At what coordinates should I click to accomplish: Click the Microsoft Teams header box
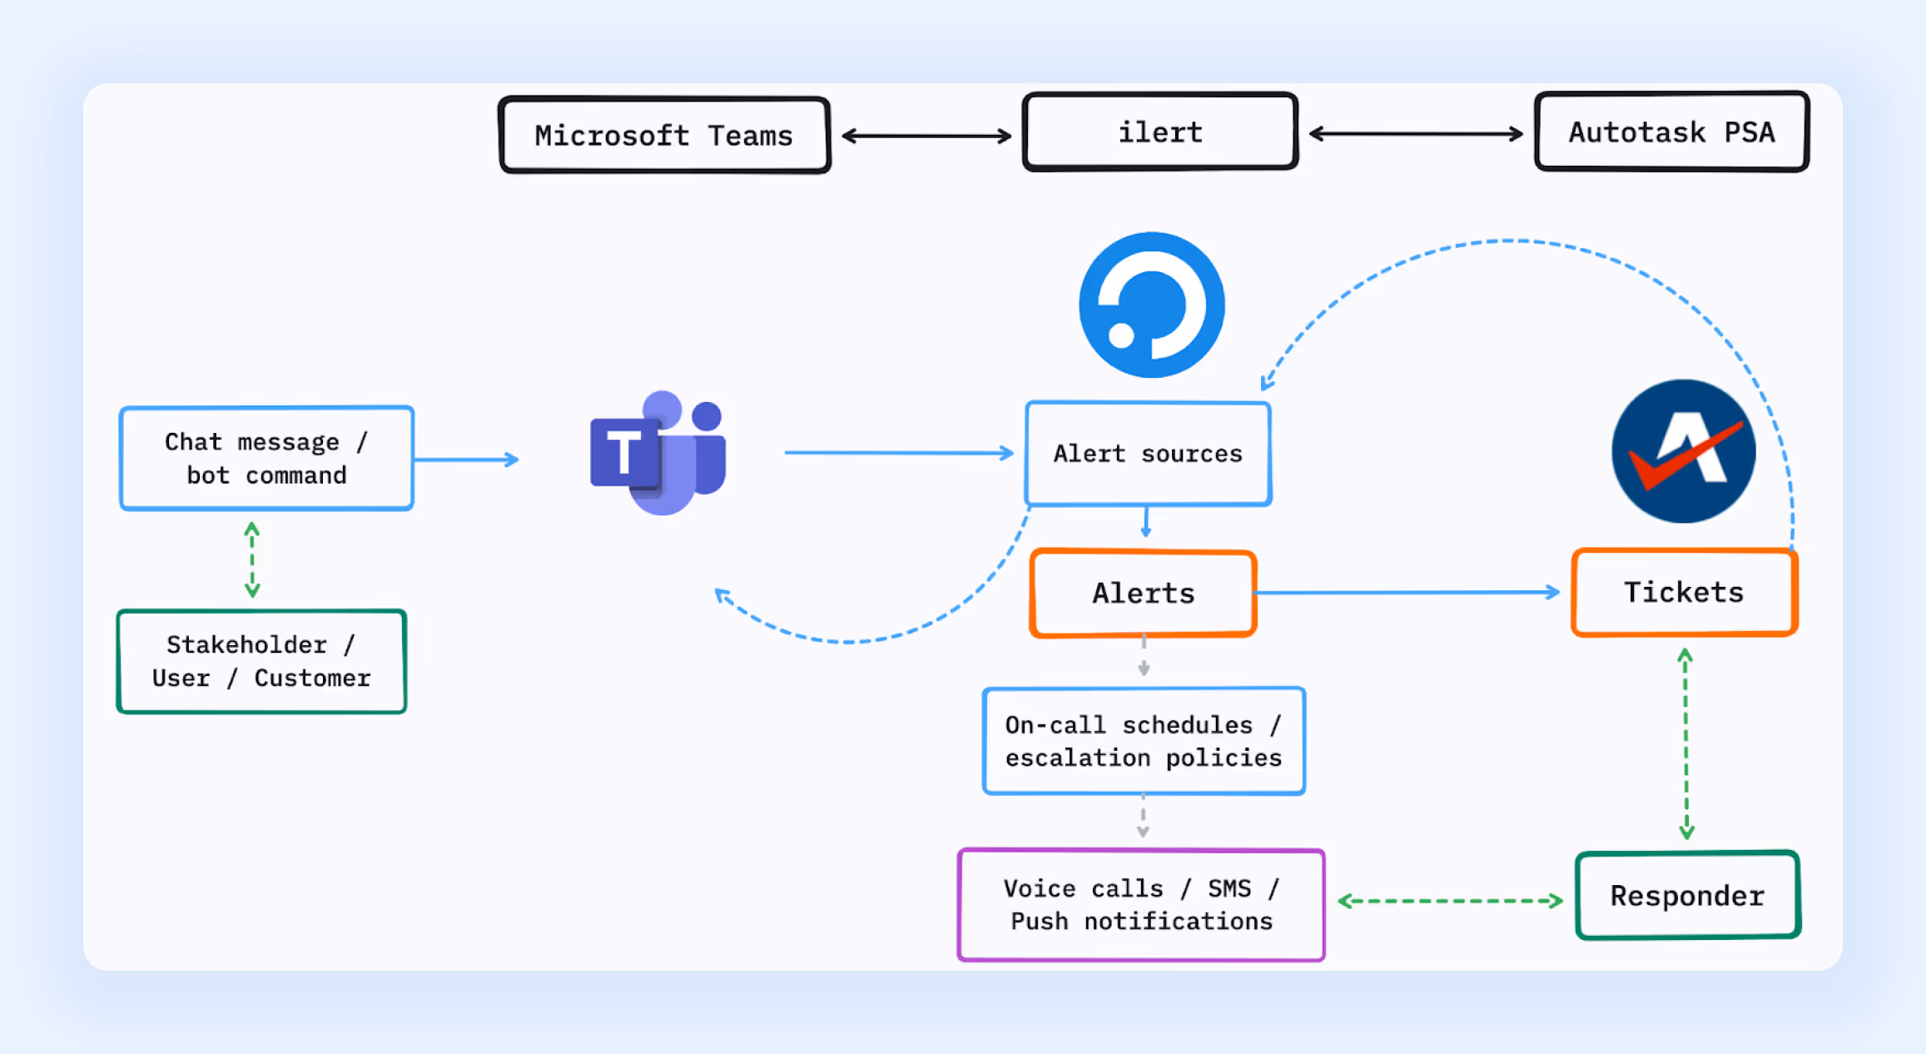pyautogui.click(x=664, y=135)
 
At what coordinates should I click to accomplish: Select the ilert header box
pyautogui.click(x=1159, y=132)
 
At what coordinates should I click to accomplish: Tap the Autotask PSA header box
pyautogui.click(x=1671, y=132)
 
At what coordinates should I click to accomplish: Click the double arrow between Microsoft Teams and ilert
pyautogui.click(x=926, y=136)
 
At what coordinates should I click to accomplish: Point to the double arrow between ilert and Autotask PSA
pyautogui.click(x=1416, y=133)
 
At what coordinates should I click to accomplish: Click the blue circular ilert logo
pyautogui.click(x=1152, y=305)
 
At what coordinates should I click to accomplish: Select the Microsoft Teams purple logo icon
pyautogui.click(x=658, y=453)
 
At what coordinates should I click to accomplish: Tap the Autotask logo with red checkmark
pyautogui.click(x=1683, y=451)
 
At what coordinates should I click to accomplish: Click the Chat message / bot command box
pyautogui.click(x=266, y=458)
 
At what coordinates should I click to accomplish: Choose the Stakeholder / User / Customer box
pyautogui.click(x=261, y=661)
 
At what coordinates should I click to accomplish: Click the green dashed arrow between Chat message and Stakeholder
pyautogui.click(x=252, y=559)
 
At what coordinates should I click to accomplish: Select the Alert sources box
pyautogui.click(x=1148, y=454)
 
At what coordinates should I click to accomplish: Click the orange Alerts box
pyautogui.click(x=1143, y=593)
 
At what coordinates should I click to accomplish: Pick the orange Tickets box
pyautogui.click(x=1684, y=592)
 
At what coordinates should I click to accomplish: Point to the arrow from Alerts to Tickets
pyautogui.click(x=1407, y=592)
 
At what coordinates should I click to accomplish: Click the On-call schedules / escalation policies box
pyautogui.click(x=1143, y=741)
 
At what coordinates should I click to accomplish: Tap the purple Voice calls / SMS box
pyautogui.click(x=1140, y=904)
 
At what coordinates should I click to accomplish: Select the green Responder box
pyautogui.click(x=1687, y=896)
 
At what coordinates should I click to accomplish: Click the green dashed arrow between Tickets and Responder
pyautogui.click(x=1685, y=743)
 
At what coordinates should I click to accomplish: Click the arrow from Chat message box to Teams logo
pyautogui.click(x=466, y=459)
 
